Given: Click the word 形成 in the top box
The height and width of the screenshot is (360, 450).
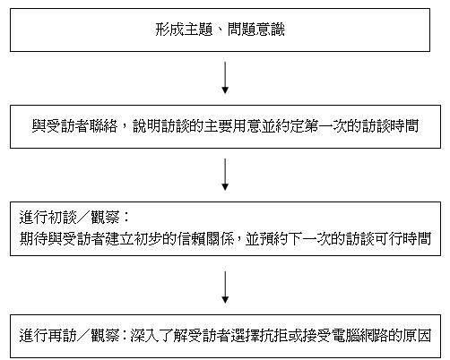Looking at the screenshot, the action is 169,30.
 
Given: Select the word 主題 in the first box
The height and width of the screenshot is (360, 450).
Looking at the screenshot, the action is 198,30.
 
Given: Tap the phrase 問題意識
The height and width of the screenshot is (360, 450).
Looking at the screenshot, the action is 256,30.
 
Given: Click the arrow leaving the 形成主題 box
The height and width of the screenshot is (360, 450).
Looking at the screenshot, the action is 225,78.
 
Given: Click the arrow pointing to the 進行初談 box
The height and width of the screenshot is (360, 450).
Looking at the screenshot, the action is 225,175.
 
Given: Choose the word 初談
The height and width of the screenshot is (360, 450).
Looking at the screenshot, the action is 63,217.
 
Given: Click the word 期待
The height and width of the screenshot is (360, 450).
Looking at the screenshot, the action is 34,239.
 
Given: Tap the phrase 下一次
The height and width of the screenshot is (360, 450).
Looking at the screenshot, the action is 309,239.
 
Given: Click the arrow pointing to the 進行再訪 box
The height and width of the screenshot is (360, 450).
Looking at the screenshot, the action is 225,287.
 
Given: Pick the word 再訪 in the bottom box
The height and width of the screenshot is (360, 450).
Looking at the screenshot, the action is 63,336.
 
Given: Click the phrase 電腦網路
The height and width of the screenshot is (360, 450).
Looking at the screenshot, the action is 359,336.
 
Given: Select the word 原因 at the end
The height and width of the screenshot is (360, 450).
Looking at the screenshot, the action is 417,336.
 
